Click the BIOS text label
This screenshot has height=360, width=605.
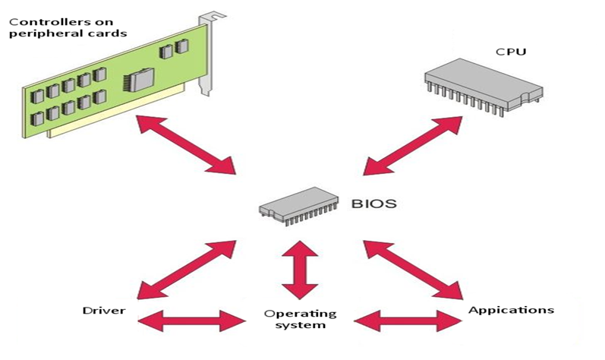pos(374,204)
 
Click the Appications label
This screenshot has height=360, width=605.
pos(511,310)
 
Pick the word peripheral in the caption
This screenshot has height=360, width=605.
pos(39,35)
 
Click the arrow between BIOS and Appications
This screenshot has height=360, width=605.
pos(414,269)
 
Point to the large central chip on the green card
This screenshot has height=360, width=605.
pos(141,79)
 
